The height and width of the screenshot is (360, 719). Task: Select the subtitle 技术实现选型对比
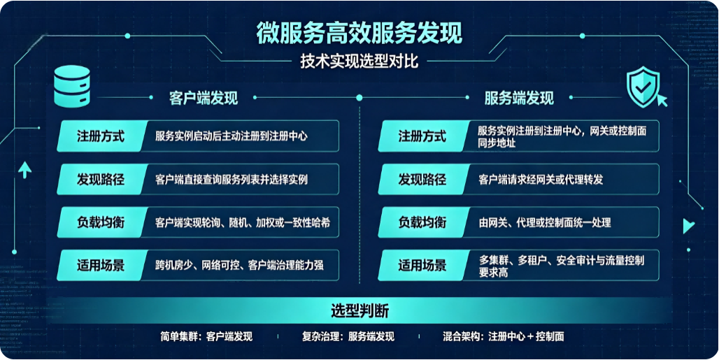point(359,62)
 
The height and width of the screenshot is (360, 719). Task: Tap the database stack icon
point(72,86)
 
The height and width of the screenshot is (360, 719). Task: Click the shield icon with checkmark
point(643,87)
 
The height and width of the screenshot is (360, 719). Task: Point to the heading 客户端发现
point(204,98)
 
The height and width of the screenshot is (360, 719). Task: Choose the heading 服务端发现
point(519,98)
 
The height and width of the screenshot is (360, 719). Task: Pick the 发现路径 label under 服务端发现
point(422,179)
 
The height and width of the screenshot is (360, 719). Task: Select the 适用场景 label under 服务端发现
point(422,265)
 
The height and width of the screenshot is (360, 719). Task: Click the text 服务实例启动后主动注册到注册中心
point(231,136)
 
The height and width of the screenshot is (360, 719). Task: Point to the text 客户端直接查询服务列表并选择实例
point(231,179)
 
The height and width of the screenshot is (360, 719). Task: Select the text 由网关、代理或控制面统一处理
point(544,222)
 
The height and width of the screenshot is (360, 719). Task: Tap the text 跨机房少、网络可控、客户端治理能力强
point(239,265)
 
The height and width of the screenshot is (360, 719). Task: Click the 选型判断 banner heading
point(359,312)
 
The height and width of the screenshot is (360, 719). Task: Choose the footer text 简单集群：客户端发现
point(206,337)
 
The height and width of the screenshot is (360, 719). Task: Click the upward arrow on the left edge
point(24,171)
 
